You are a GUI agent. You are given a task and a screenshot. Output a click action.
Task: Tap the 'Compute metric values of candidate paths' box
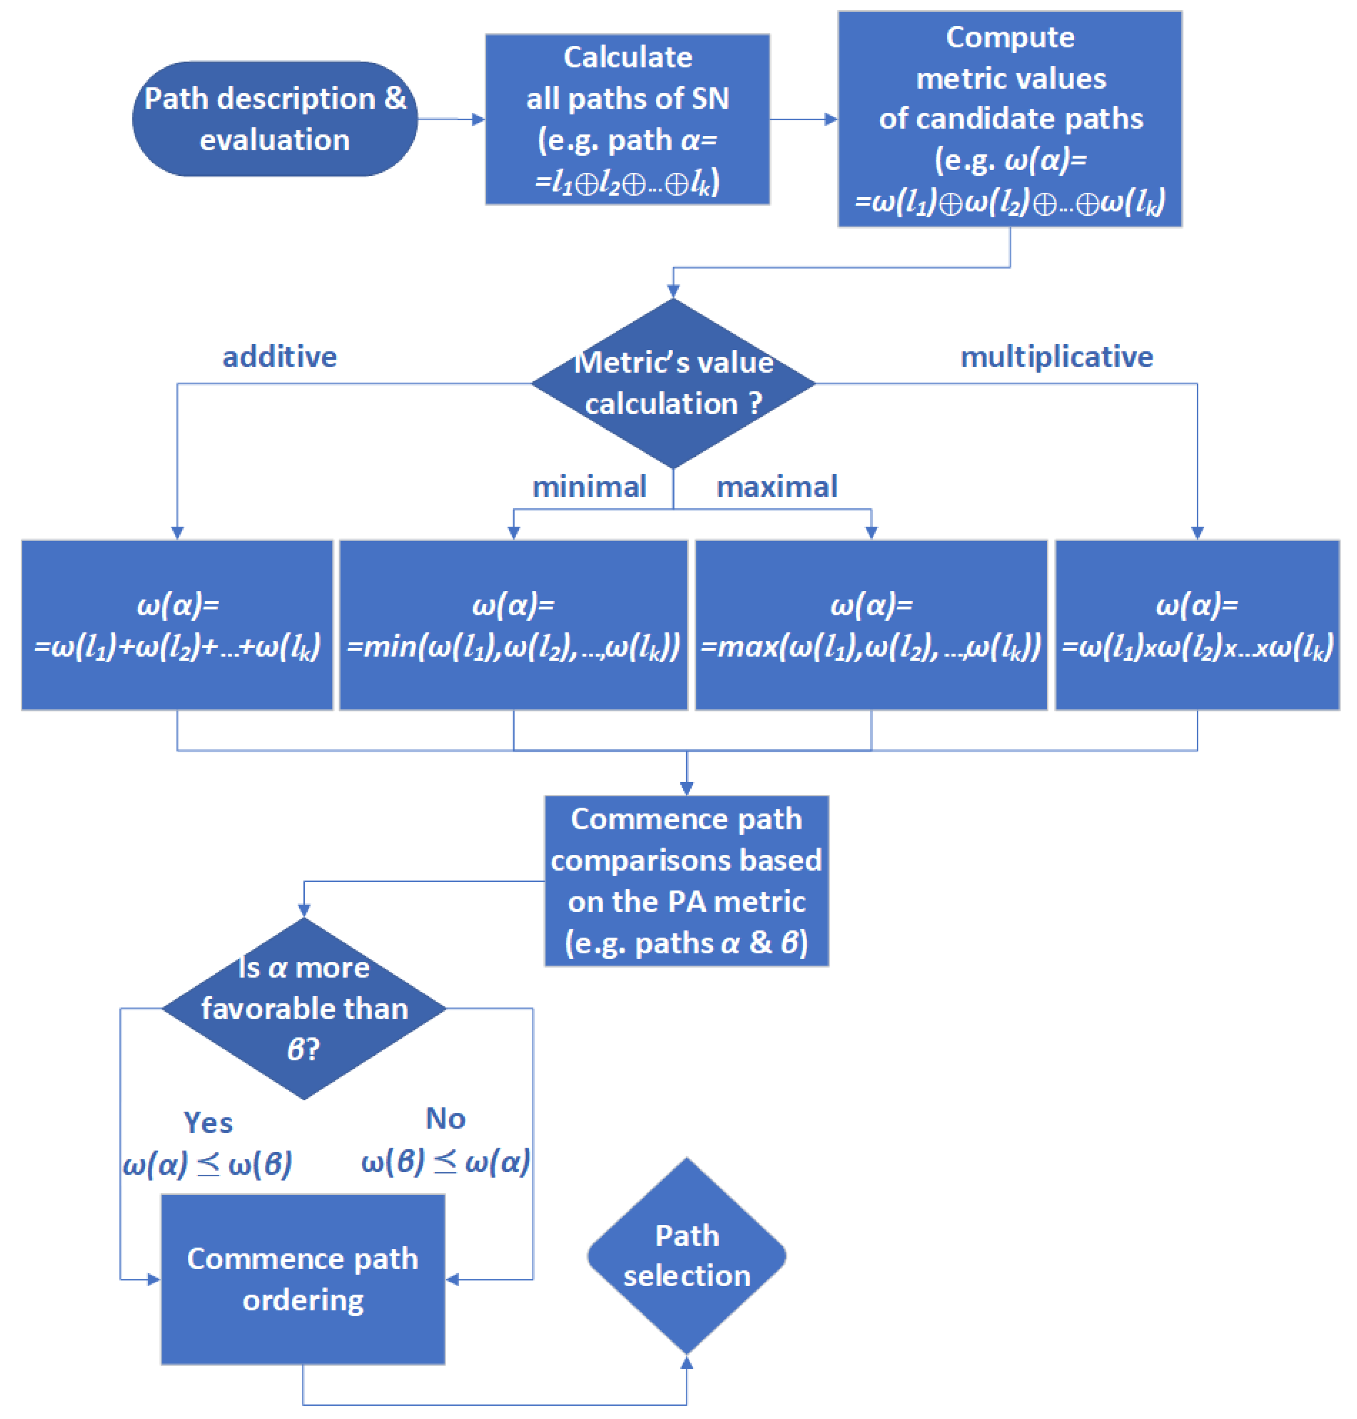[1009, 119]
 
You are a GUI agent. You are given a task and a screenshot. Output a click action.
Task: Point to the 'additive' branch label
[279, 357]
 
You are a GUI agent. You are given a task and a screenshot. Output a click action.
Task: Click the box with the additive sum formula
[177, 625]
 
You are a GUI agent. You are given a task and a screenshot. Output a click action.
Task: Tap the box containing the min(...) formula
[514, 625]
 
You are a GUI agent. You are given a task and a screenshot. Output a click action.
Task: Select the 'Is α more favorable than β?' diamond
[304, 1008]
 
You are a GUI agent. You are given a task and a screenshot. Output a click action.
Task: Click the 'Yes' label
[208, 1122]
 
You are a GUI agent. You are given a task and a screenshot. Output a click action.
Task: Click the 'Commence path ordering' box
[302, 1279]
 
